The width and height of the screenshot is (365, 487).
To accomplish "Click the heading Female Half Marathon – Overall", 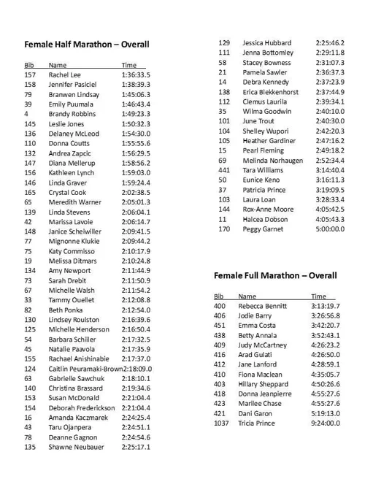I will pyautogui.click(x=87, y=44).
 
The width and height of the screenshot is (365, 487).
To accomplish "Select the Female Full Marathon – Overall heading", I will pyautogui.click(x=275, y=276).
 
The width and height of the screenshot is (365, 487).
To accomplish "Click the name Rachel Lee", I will pyautogui.click(x=65, y=74).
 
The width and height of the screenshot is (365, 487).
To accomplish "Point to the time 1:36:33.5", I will pyautogui.click(x=136, y=74).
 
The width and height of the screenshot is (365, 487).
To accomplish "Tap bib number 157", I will pyautogui.click(x=30, y=74).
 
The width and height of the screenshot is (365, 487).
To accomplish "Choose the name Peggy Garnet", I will pyautogui.click(x=262, y=229).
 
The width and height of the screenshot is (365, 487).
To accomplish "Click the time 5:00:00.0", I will pyautogui.click(x=331, y=229).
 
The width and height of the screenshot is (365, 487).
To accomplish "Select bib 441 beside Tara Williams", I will pyautogui.click(x=224, y=169).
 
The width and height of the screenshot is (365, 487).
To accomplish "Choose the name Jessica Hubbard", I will pyautogui.click(x=266, y=43).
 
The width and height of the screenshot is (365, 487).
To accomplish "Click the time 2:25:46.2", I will pyautogui.click(x=331, y=43).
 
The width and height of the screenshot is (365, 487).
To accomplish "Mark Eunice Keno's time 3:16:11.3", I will pyautogui.click(x=331, y=180).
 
